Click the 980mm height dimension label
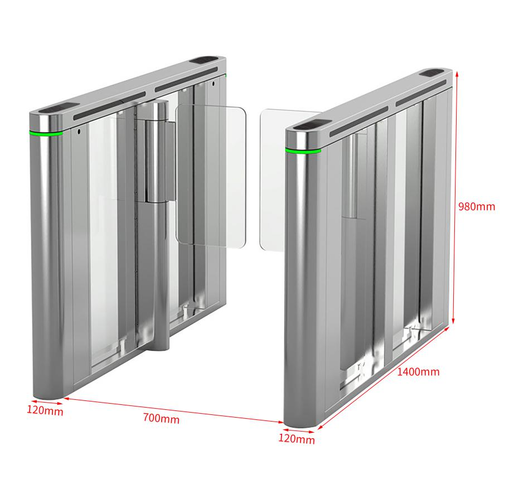pyautogui.click(x=476, y=206)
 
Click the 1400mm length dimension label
pyautogui.click(x=418, y=371)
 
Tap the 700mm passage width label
pyautogui.click(x=161, y=419)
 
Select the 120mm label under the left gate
pyautogui.click(x=45, y=410)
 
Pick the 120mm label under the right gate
pyautogui.click(x=297, y=439)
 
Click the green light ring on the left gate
pyautogui.click(x=46, y=133)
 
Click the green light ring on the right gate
pyautogui.click(x=303, y=151)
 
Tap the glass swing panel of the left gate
pyautogui.click(x=211, y=176)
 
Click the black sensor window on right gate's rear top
pyautogui.click(x=434, y=72)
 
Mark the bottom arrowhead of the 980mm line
pyautogui.click(x=454, y=321)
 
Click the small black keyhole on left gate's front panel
pyautogui.click(x=79, y=132)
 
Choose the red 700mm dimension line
pyautogui.click(x=173, y=410)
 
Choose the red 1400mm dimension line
pyautogui.click(x=384, y=377)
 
